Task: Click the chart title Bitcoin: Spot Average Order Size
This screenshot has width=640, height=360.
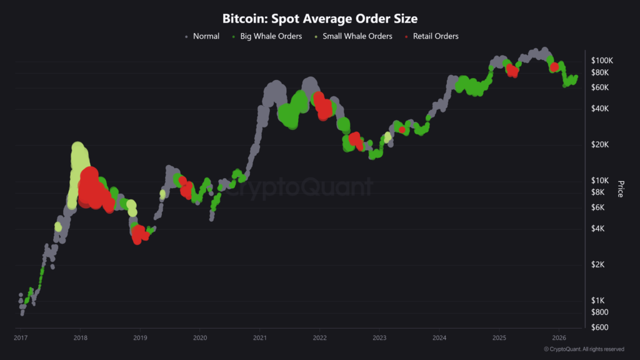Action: click(x=319, y=19)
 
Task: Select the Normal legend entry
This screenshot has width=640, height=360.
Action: click(x=206, y=36)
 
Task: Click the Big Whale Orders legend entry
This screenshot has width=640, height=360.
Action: click(x=270, y=36)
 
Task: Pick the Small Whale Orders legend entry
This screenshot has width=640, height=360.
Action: click(x=357, y=36)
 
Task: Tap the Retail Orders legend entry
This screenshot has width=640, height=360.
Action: click(x=435, y=36)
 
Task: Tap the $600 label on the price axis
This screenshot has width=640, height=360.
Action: click(x=601, y=327)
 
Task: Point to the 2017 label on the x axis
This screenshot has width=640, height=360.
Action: click(x=21, y=338)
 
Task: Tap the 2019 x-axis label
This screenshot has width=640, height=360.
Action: click(x=140, y=338)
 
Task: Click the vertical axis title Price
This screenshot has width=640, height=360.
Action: click(x=620, y=189)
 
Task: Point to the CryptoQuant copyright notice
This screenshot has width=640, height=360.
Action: click(x=584, y=349)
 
